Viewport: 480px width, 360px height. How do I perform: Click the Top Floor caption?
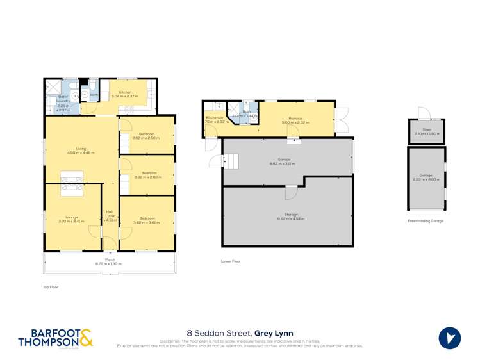pos(50,287)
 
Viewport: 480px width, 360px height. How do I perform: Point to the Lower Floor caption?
pos(230,261)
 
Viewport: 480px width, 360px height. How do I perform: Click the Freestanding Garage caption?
pos(426,221)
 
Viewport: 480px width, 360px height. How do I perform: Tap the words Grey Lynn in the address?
pos(274,332)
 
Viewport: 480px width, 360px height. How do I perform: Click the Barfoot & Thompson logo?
pos(56,338)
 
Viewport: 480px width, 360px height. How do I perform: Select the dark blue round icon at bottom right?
pos(450,338)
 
